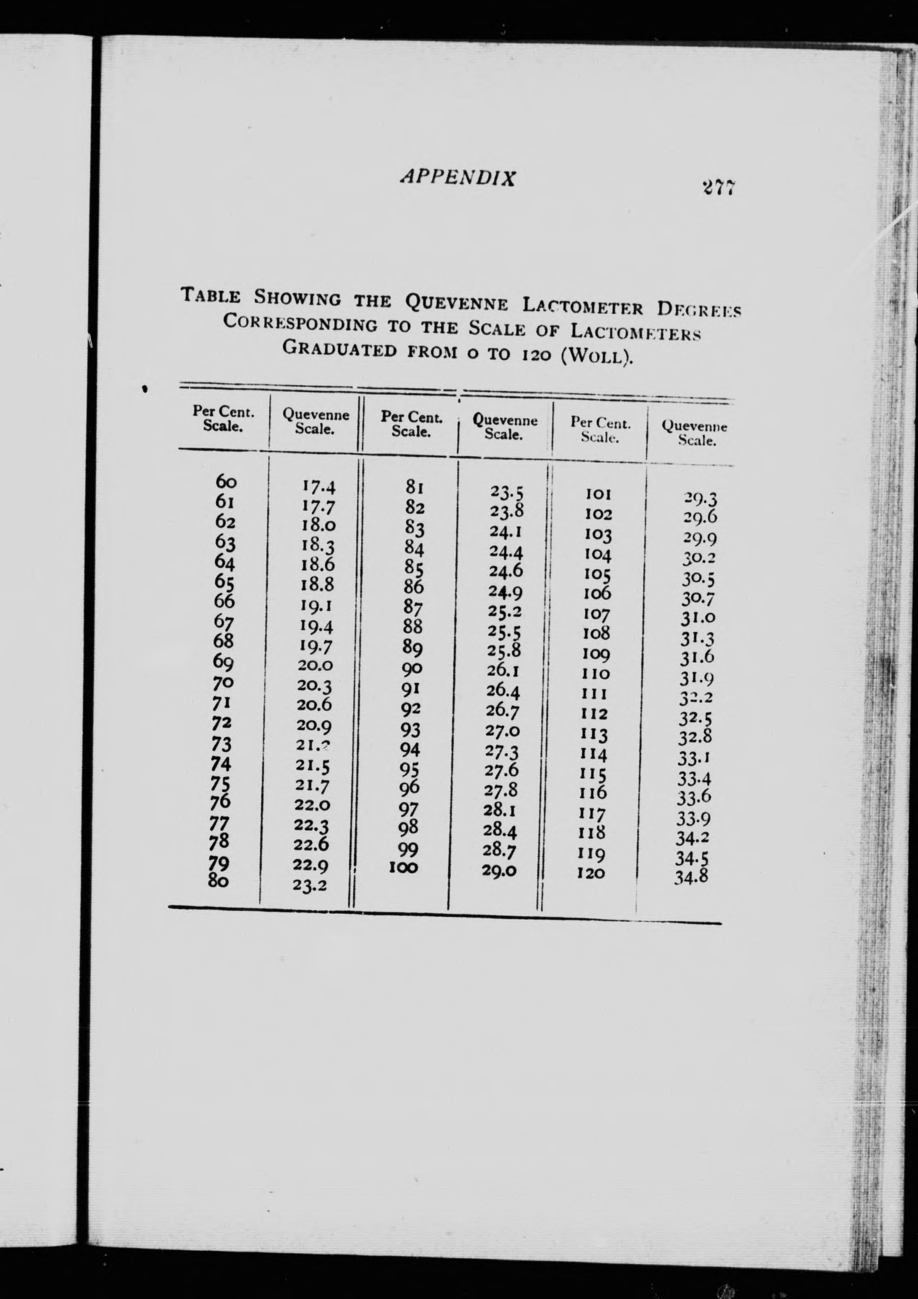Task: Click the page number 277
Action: [x=718, y=187]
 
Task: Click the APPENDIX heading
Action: [x=458, y=178]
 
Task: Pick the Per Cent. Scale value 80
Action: [x=218, y=880]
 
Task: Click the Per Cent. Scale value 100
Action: [x=404, y=867]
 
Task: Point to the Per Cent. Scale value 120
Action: [x=591, y=873]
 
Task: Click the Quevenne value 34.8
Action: [x=691, y=878]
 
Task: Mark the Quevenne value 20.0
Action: [x=315, y=665]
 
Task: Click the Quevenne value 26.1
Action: [x=503, y=671]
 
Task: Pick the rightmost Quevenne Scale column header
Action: [x=694, y=433]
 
